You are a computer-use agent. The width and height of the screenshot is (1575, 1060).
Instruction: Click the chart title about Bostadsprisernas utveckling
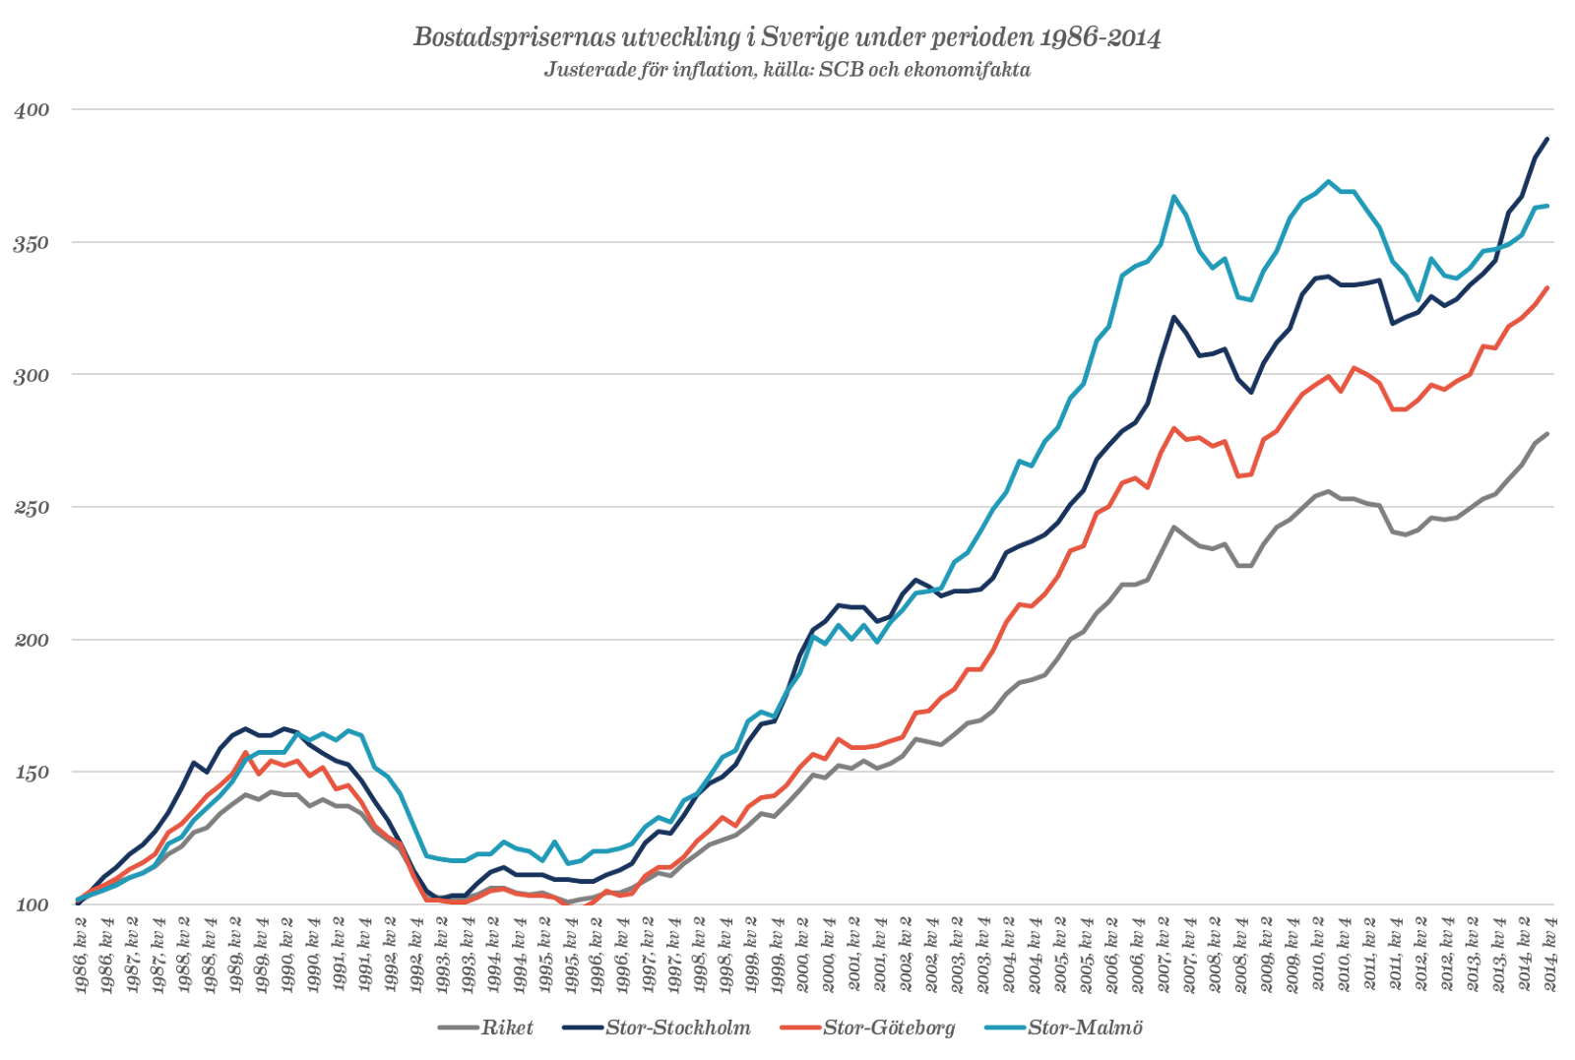(x=787, y=37)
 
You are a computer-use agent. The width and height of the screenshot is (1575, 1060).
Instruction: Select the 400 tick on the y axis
(x=31, y=110)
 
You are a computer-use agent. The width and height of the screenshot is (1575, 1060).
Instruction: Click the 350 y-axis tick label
(x=31, y=243)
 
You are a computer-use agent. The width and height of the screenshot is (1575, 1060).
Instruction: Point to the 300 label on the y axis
(x=31, y=375)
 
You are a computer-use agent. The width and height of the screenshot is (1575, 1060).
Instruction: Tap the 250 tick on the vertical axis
(x=31, y=508)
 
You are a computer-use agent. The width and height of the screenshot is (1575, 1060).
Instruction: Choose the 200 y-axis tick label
(x=31, y=641)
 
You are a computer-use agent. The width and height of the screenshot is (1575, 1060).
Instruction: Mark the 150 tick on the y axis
(x=31, y=773)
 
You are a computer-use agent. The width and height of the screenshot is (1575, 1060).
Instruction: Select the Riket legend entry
(x=506, y=1029)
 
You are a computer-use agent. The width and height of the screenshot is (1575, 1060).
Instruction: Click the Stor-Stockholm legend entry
(x=677, y=1029)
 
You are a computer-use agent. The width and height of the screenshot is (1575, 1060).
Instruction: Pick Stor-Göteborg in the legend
(x=888, y=1029)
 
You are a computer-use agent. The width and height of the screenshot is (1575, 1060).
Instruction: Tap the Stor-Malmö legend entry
(x=1084, y=1029)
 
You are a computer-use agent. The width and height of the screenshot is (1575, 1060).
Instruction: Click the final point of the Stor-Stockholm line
(x=1548, y=139)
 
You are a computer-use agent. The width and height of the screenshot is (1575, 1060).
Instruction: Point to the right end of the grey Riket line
(x=1548, y=433)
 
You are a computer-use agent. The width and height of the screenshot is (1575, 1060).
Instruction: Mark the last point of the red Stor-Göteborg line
(x=1548, y=287)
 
